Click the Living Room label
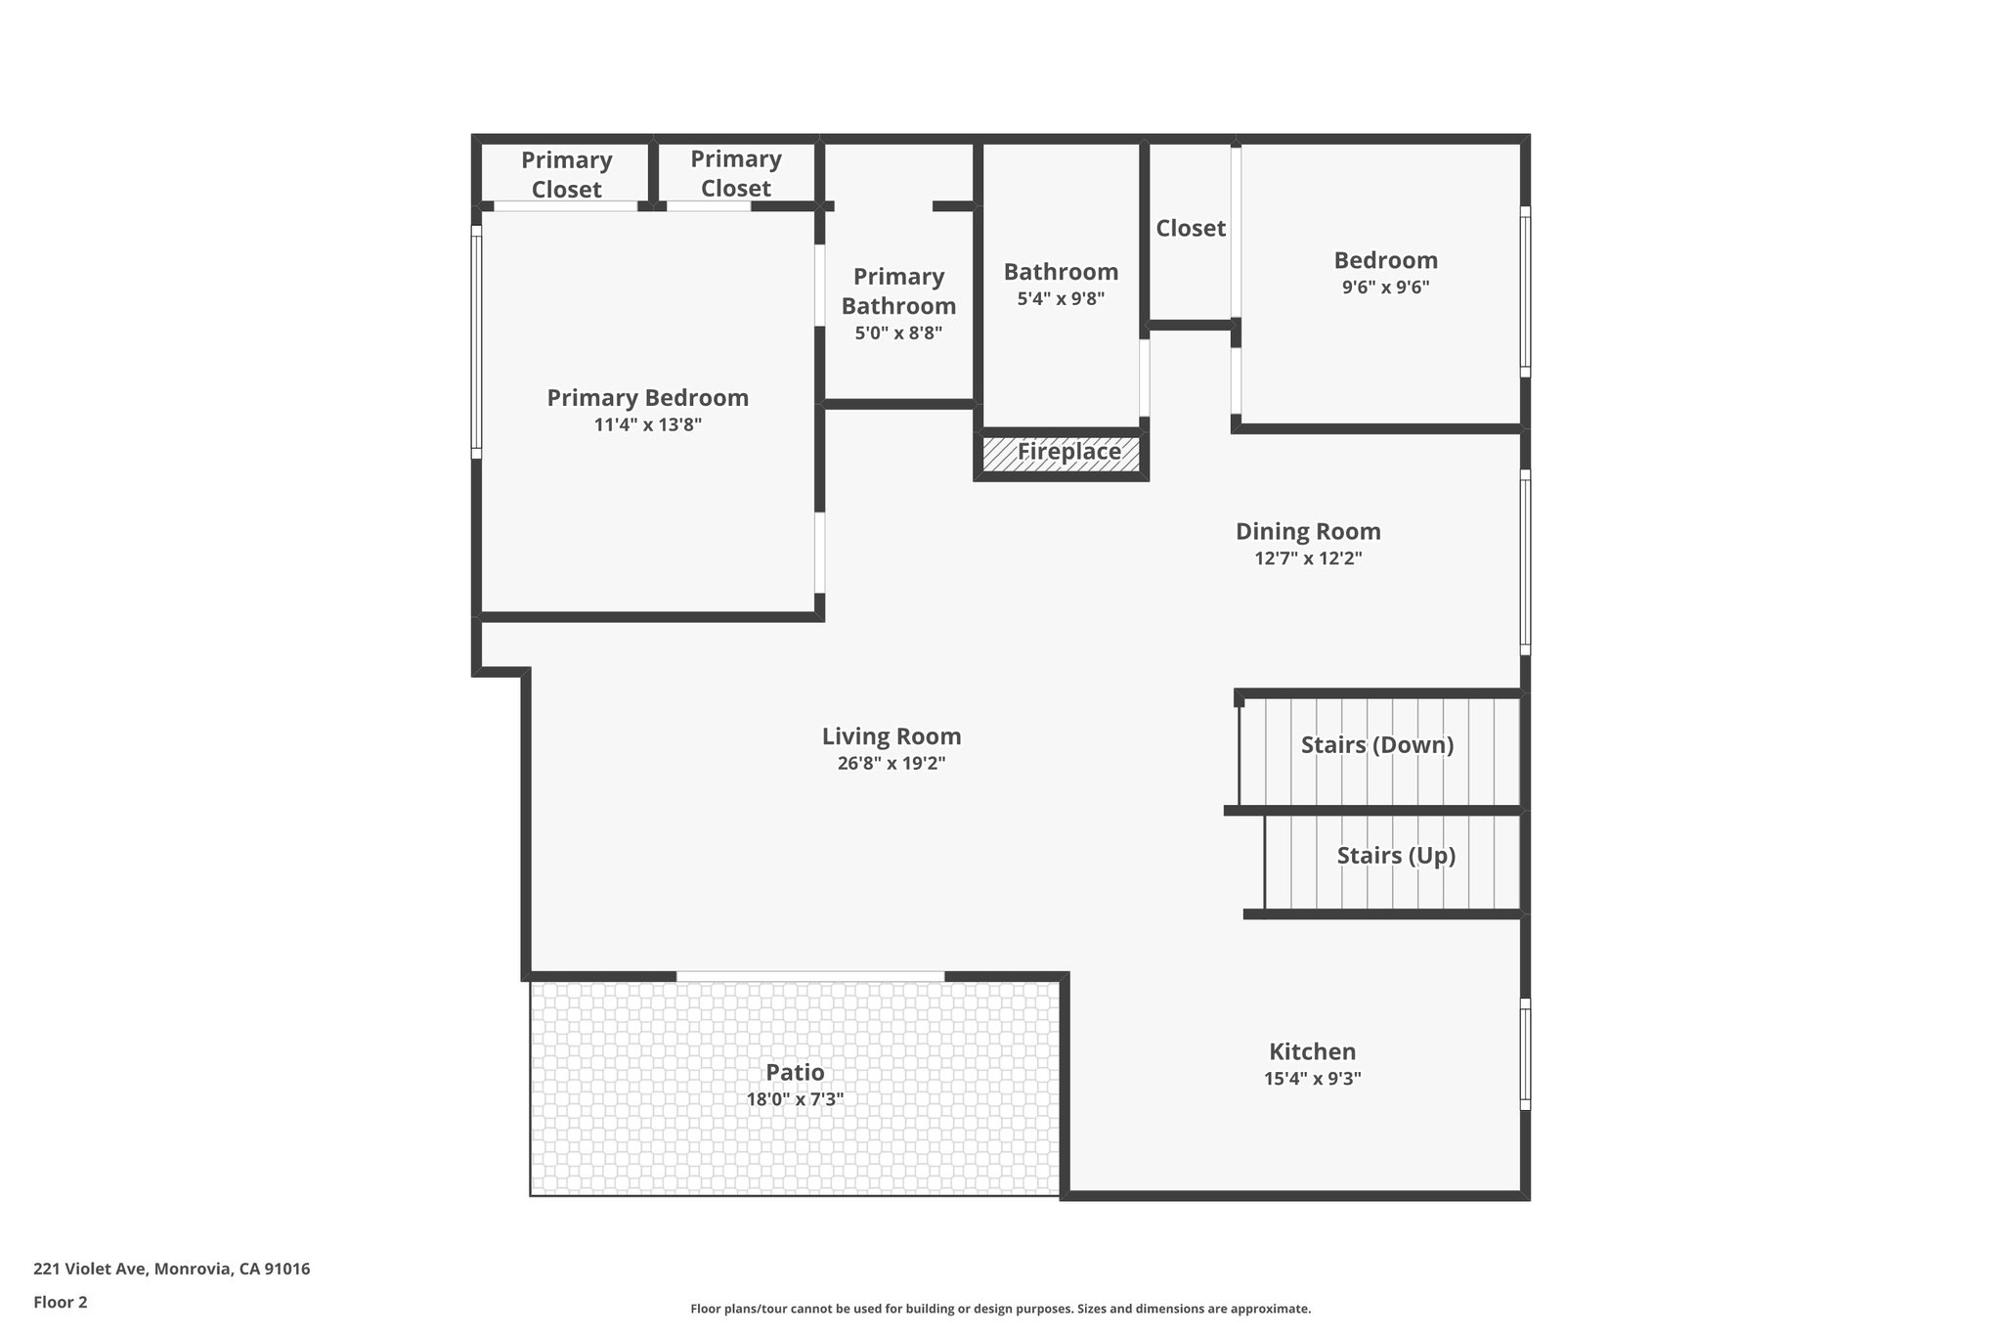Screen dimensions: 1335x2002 coord(891,736)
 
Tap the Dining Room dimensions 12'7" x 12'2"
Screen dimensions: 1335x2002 coord(1308,558)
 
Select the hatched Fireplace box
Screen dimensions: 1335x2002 coord(1062,453)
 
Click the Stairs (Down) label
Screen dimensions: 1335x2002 coord(1376,745)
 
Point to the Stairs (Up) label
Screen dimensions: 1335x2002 coord(1396,856)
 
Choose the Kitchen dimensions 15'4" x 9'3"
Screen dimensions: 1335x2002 coord(1312,1079)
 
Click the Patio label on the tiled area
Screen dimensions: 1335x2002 coord(795,1072)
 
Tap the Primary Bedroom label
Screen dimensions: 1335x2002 coord(647,398)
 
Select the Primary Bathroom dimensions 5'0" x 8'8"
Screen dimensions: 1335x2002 coord(898,333)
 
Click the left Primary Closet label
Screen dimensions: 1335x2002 coord(566,174)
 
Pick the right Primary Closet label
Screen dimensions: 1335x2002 coord(735,173)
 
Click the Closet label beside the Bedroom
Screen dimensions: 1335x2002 coord(1190,228)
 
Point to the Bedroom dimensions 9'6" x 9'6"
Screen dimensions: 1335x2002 coord(1385,288)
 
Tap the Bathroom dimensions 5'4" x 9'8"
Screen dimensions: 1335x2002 coord(1061,299)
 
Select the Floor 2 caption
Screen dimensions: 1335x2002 coord(60,1302)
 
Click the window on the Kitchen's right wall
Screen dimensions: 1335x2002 coord(1525,1054)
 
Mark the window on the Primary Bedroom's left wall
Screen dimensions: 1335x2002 coord(477,342)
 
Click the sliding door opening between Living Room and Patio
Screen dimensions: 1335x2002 coord(810,976)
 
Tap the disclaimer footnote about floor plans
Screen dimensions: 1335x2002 coord(1000,1309)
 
